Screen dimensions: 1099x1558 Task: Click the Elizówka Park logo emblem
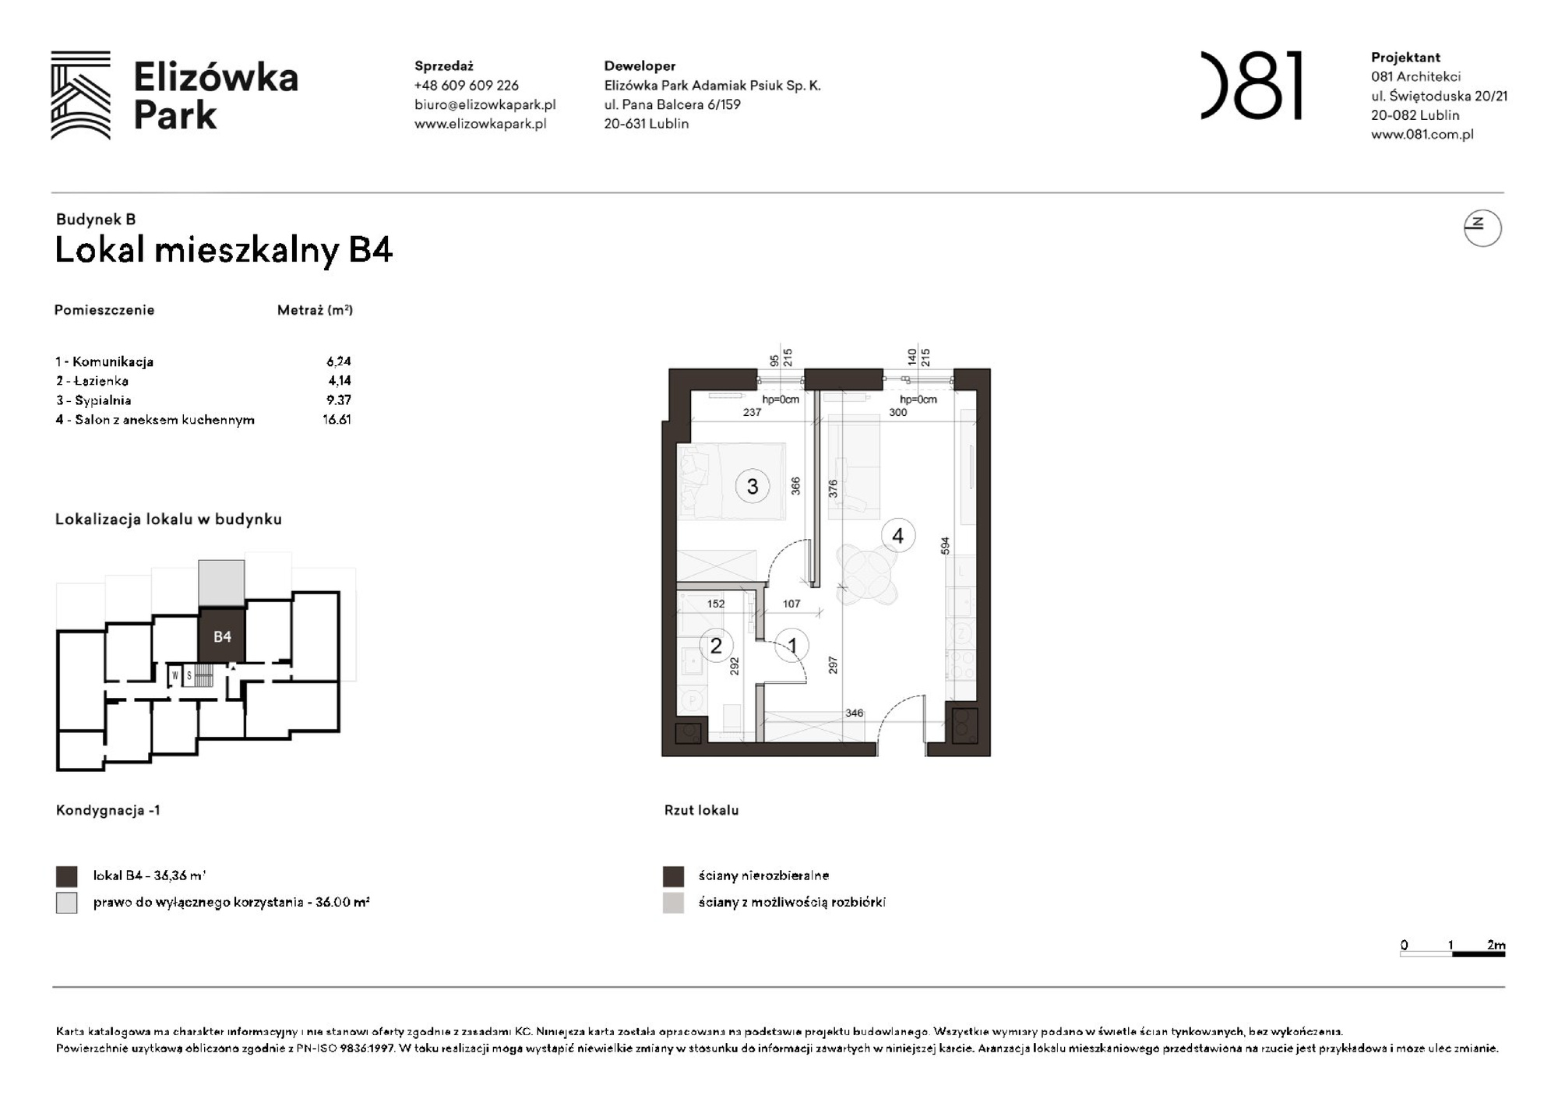pyautogui.click(x=80, y=95)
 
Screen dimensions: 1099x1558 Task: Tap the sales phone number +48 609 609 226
pyautogui.click(x=466, y=86)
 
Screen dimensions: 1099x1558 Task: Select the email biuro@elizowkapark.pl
pyautogui.click(x=485, y=104)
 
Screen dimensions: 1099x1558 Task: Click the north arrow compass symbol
pyautogui.click(x=1482, y=228)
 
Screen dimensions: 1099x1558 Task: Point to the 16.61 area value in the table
pyautogui.click(x=337, y=420)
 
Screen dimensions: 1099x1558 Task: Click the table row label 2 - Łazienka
pyautogui.click(x=92, y=381)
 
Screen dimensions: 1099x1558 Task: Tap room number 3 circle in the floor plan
pyautogui.click(x=752, y=487)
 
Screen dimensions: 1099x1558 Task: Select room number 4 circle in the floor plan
pyautogui.click(x=897, y=536)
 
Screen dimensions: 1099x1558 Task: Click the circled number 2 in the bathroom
pyautogui.click(x=716, y=646)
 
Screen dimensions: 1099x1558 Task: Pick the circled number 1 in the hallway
pyautogui.click(x=792, y=646)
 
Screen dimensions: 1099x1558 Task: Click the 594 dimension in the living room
pyautogui.click(x=945, y=546)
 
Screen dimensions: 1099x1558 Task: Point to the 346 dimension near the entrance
pyautogui.click(x=854, y=713)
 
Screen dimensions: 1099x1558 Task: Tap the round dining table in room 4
pyautogui.click(x=866, y=575)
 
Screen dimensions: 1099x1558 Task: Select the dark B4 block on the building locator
pyautogui.click(x=222, y=636)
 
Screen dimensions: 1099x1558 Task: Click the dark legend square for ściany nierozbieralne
pyautogui.click(x=673, y=876)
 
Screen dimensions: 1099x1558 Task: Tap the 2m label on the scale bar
pyautogui.click(x=1496, y=945)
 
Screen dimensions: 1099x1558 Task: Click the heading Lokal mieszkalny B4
pyautogui.click(x=224, y=251)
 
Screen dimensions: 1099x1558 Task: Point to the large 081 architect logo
pyautogui.click(x=1251, y=86)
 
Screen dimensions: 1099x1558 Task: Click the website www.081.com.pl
pyautogui.click(x=1422, y=134)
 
